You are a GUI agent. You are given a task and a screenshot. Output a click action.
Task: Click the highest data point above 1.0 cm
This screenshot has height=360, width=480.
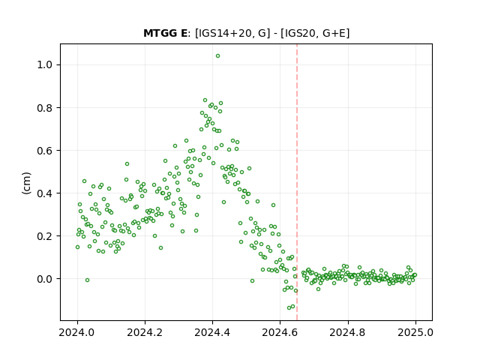pyautogui.click(x=217, y=56)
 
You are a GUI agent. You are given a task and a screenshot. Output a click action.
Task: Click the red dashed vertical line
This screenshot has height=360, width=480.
pyautogui.click(x=297, y=182)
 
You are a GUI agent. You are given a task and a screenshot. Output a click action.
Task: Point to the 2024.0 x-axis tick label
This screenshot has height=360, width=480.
pyautogui.click(x=77, y=332)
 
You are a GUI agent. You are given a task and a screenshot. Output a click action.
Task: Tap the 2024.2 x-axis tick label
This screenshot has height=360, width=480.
pyautogui.click(x=145, y=332)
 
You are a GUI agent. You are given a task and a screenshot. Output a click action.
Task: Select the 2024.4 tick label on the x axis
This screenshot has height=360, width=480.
pyautogui.click(x=212, y=332)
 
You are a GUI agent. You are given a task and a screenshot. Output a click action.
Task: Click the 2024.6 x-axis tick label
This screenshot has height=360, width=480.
pyautogui.click(x=280, y=332)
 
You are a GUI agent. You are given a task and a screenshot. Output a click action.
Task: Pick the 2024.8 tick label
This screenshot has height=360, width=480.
pyautogui.click(x=348, y=332)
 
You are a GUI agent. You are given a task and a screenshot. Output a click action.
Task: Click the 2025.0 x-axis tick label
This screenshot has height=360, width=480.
pyautogui.click(x=415, y=332)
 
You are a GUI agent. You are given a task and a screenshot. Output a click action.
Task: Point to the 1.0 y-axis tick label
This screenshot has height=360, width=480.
pyautogui.click(x=44, y=65)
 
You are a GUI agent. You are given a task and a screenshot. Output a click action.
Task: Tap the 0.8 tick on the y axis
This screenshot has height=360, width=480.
pyautogui.click(x=44, y=108)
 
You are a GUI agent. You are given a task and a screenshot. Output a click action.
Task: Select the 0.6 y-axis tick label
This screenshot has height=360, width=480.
pyautogui.click(x=44, y=151)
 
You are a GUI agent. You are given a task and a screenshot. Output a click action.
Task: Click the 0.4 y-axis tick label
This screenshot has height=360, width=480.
pyautogui.click(x=44, y=193)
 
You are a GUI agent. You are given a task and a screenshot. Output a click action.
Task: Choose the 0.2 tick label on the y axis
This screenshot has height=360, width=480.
pyautogui.click(x=44, y=236)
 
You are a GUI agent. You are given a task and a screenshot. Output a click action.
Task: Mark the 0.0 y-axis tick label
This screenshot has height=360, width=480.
pyautogui.click(x=44, y=279)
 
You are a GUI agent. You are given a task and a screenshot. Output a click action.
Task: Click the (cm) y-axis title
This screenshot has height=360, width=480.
pyautogui.click(x=27, y=183)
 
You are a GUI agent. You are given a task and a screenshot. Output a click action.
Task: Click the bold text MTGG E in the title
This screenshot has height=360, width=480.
pyautogui.click(x=165, y=33)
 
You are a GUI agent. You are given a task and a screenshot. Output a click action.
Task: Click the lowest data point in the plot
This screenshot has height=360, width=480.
pyautogui.click(x=289, y=307)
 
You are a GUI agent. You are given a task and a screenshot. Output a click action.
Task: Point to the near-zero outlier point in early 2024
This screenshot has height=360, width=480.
pyautogui.click(x=87, y=280)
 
